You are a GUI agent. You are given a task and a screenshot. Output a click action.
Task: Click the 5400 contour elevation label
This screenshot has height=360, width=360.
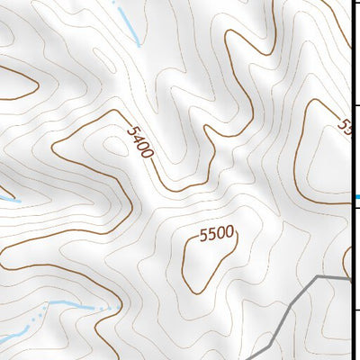click(140, 142)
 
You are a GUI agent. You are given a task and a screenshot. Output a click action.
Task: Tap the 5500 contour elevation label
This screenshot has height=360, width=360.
click(216, 234)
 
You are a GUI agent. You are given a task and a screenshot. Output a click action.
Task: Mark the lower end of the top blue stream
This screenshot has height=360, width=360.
click(138, 43)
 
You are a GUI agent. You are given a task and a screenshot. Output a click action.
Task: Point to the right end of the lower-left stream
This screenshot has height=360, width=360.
click(115, 308)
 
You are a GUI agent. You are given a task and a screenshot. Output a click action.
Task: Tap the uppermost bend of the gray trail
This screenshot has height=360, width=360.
click(317, 277)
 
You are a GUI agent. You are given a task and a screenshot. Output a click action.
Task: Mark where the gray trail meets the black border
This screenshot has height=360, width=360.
click(350, 280)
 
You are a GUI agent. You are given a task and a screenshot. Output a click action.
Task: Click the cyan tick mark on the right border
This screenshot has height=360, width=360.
click(356, 197)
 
